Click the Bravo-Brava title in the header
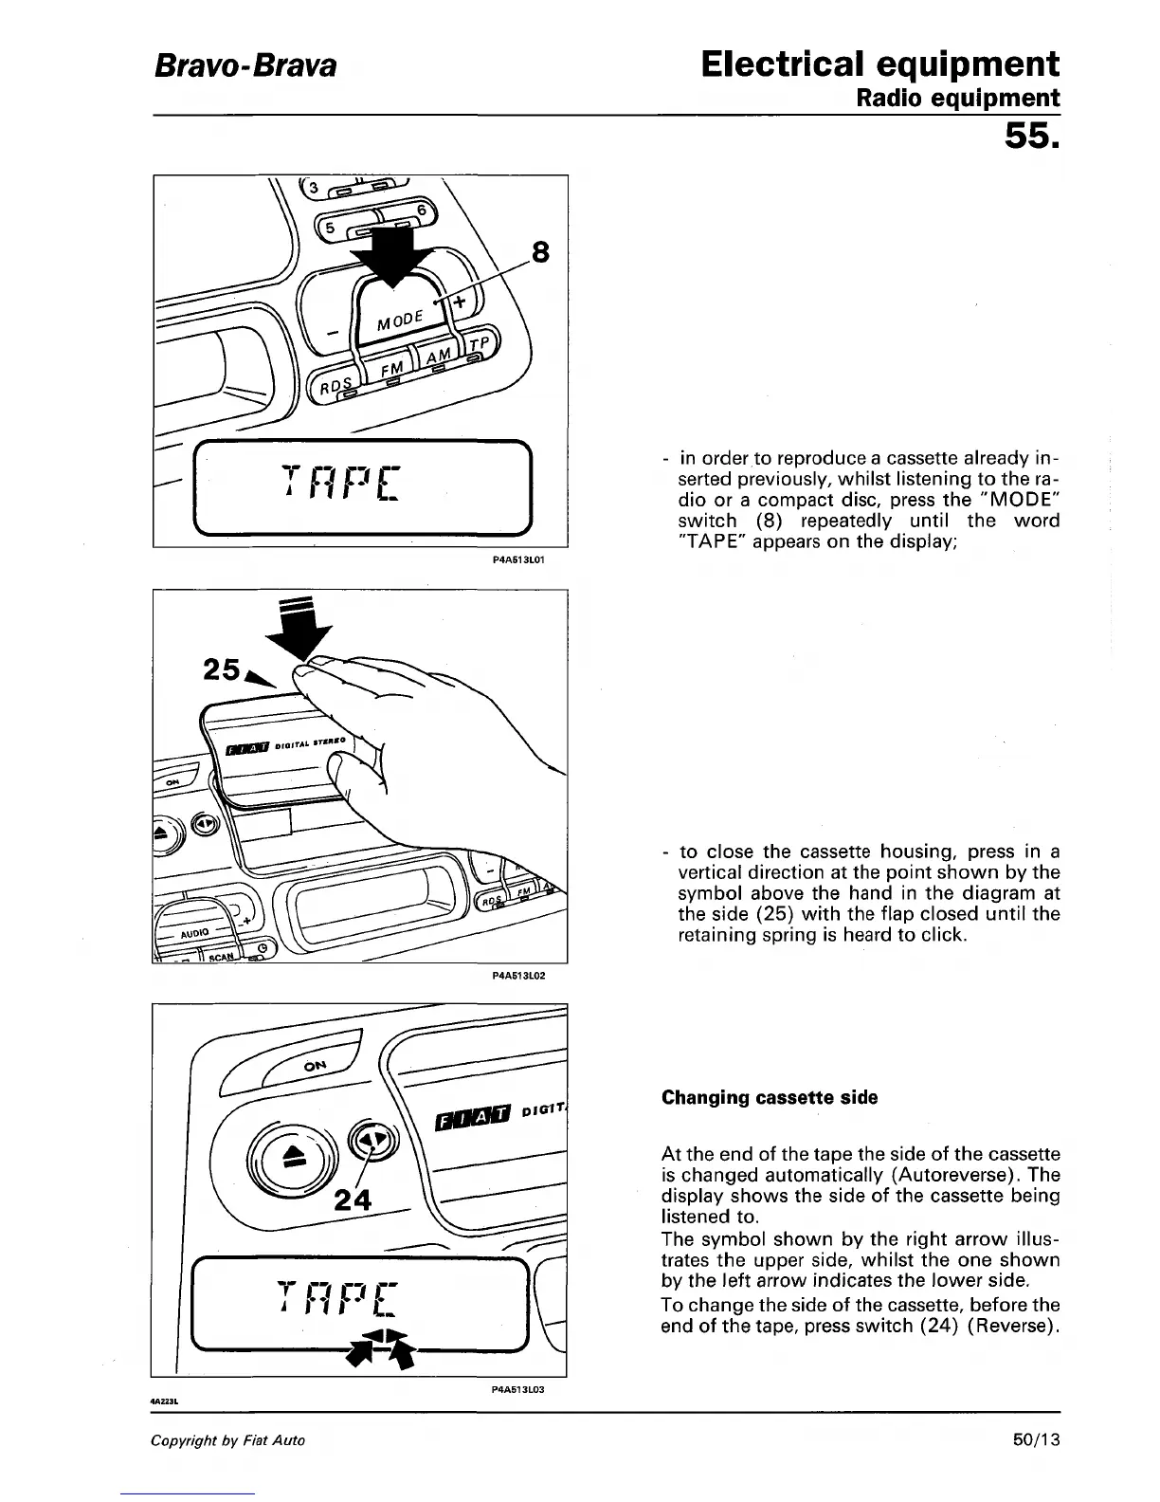pos(245,66)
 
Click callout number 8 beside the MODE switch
pos(540,253)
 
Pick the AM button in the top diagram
pos(438,355)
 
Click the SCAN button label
pos(220,956)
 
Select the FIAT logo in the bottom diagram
pos(471,1119)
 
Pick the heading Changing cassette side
pos(770,1097)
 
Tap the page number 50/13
pos(1035,1439)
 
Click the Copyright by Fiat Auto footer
pos(228,1439)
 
